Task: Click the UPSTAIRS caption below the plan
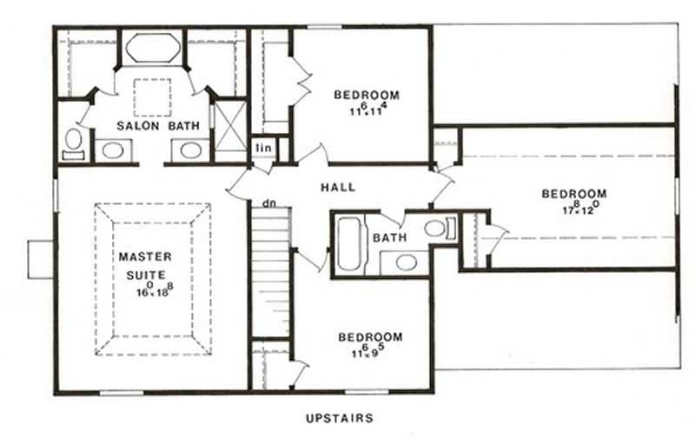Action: (340, 418)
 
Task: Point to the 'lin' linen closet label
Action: (261, 149)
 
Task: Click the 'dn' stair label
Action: (269, 203)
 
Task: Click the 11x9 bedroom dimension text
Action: (370, 351)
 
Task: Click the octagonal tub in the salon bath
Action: (152, 48)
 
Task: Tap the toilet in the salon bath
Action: (73, 143)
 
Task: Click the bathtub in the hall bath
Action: (347, 242)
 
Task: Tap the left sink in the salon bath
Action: (112, 150)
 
